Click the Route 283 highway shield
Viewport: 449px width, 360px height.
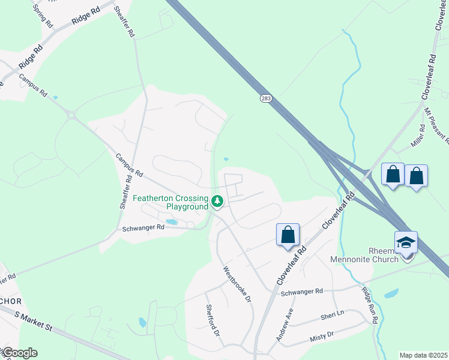265,98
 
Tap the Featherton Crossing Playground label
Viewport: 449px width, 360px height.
169,202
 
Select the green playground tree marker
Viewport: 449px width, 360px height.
217,202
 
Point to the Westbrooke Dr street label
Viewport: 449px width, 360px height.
237,284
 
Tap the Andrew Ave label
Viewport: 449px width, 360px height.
285,325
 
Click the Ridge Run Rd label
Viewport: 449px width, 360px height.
369,305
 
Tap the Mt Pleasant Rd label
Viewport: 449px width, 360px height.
436,126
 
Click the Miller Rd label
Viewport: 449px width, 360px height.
418,139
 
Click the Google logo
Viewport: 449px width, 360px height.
19,353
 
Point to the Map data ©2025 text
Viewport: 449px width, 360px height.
423,355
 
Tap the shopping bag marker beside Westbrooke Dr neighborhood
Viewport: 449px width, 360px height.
288,235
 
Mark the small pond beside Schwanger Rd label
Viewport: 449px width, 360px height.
172,222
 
